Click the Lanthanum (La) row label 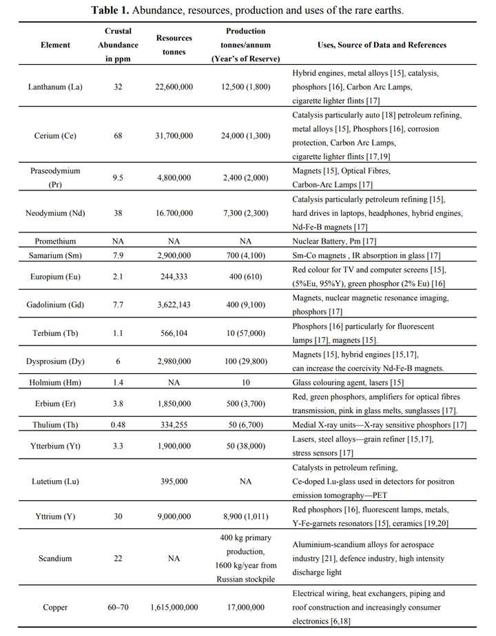pyautogui.click(x=55, y=88)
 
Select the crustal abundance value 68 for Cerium pyautogui.click(x=118, y=136)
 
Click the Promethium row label pyautogui.click(x=55, y=241)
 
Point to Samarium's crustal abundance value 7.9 pyautogui.click(x=118, y=257)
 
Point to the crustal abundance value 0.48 pyautogui.click(x=118, y=426)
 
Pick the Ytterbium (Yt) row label pyautogui.click(x=55, y=446)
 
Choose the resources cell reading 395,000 pyautogui.click(x=174, y=481)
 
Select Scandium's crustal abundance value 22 pyautogui.click(x=118, y=558)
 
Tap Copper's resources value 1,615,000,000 pyautogui.click(x=174, y=608)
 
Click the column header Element pyautogui.click(x=55, y=45)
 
